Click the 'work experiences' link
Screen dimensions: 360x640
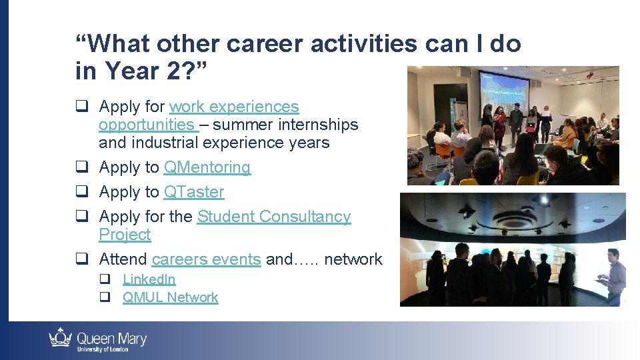point(233,107)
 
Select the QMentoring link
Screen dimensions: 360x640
point(207,167)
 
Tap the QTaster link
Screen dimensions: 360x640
point(193,192)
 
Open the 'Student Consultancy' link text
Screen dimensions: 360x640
point(273,217)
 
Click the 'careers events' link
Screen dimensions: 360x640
point(206,259)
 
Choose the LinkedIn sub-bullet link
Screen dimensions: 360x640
point(149,279)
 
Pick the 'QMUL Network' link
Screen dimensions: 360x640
point(170,297)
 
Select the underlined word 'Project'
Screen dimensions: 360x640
point(125,235)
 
